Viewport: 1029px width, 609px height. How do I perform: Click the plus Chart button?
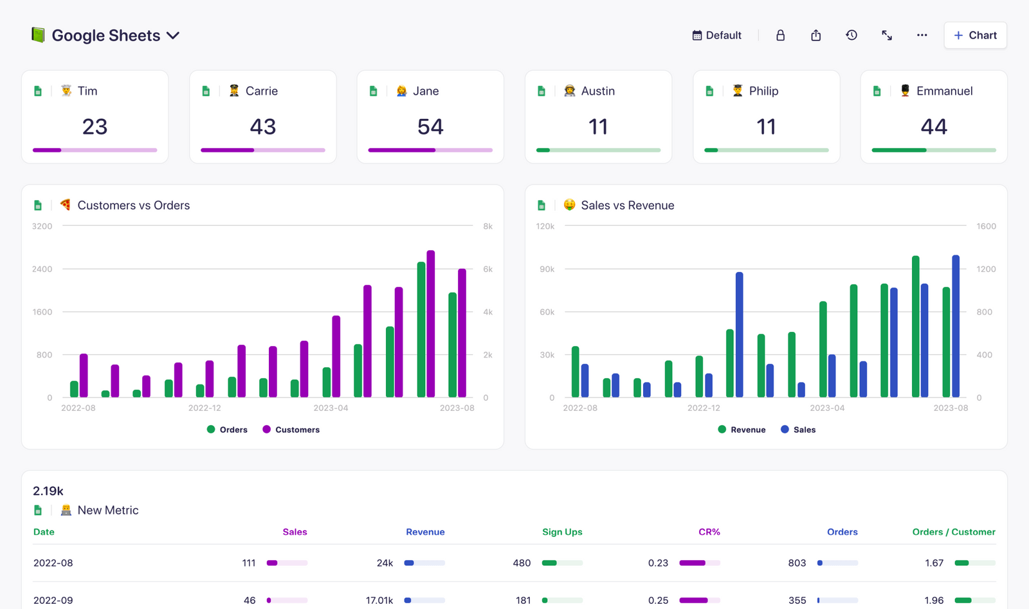point(975,35)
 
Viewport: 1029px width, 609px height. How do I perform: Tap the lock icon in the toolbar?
point(780,35)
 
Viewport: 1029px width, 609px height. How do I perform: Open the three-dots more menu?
point(922,35)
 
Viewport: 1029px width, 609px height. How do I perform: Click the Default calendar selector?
point(716,35)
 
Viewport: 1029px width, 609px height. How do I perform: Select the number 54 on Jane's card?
point(430,127)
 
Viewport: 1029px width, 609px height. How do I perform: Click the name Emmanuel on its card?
point(943,91)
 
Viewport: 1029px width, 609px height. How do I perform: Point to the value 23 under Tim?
point(95,127)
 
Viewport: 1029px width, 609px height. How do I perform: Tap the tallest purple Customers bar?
point(431,322)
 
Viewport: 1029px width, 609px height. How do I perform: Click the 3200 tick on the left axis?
point(42,226)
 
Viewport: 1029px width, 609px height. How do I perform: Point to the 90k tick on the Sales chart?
point(547,269)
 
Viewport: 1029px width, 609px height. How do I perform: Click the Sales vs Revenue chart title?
point(627,205)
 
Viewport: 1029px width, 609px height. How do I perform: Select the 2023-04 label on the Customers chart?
point(331,408)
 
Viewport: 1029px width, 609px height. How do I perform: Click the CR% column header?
point(709,532)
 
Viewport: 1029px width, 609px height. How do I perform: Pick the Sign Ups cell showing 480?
point(521,563)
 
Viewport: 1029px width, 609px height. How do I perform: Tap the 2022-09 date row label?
point(53,600)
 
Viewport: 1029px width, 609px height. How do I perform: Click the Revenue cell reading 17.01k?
point(379,600)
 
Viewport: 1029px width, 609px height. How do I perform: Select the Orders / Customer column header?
point(953,532)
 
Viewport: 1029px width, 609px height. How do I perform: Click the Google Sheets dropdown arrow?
point(173,35)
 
